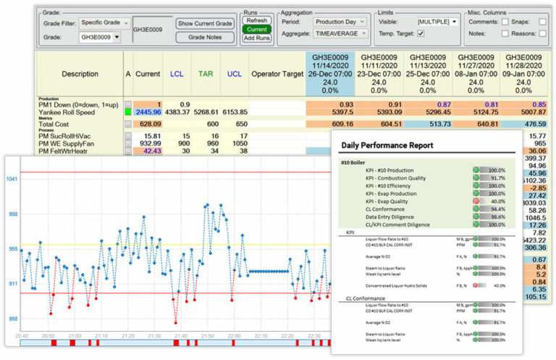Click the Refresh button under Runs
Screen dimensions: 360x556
[258, 21]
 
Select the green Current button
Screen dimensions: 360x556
[258, 30]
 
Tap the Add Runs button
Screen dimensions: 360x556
[258, 38]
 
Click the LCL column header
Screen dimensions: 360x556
[177, 74]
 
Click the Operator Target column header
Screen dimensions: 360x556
[278, 74]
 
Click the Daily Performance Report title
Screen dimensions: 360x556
[387, 145]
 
